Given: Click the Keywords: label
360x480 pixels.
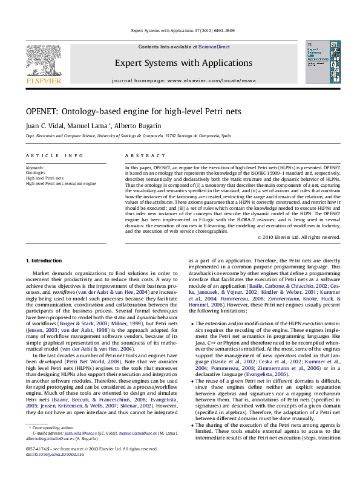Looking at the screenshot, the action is coord(35,167).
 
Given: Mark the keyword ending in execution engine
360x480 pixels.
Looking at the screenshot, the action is coord(61,183).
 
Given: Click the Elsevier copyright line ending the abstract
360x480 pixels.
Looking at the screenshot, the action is coord(299,236).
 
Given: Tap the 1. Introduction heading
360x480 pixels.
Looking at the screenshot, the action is coord(41,261).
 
